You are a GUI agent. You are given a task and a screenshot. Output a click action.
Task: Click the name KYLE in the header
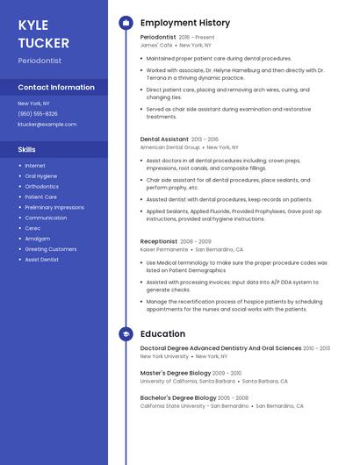tap(33, 25)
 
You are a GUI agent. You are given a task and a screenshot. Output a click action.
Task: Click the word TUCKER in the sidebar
tap(41, 42)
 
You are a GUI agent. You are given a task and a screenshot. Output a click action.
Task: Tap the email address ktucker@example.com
tap(47, 125)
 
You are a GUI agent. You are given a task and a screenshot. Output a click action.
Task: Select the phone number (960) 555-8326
tap(38, 114)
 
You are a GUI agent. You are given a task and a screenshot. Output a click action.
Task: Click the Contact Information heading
tap(56, 87)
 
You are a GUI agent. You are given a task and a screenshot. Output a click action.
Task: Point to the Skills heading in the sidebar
tap(27, 149)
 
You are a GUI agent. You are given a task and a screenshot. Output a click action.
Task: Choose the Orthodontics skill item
tap(42, 187)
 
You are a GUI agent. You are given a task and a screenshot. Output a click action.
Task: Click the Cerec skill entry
tap(32, 228)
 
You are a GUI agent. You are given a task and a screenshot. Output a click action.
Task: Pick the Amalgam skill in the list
tap(38, 239)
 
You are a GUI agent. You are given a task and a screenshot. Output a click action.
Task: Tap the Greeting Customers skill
tap(51, 249)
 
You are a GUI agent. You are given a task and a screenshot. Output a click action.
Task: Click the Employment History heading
tap(185, 23)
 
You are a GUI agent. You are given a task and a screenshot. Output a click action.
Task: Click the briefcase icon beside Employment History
tap(126, 23)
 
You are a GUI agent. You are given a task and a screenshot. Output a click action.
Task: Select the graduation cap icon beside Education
tap(126, 334)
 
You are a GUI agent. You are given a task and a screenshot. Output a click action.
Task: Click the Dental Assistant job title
tap(164, 139)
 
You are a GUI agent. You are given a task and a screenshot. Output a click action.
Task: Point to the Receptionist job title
tap(159, 241)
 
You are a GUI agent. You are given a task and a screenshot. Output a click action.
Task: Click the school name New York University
tap(164, 357)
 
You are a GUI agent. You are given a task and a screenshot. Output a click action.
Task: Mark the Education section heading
tap(162, 334)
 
